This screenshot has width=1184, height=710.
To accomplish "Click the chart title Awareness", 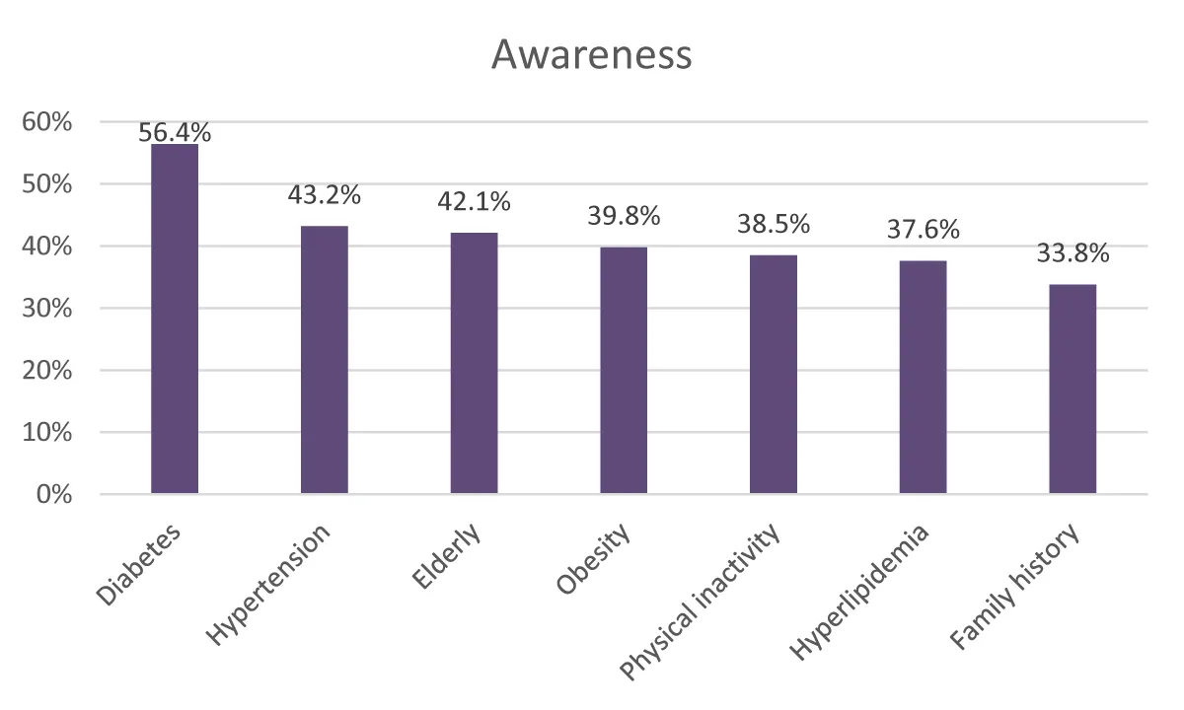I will pyautogui.click(x=591, y=54).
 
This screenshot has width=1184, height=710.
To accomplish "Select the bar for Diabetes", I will pyautogui.click(x=175, y=319).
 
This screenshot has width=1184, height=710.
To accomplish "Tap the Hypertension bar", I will pyautogui.click(x=325, y=360).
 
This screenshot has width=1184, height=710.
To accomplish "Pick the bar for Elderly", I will pyautogui.click(x=475, y=363).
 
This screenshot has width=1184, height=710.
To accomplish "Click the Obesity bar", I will pyautogui.click(x=624, y=370).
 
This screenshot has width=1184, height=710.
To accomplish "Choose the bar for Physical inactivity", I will pyautogui.click(x=774, y=374).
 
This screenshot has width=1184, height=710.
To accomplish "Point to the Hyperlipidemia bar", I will pyautogui.click(x=924, y=377).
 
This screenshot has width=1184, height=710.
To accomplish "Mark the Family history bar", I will pyautogui.click(x=1073, y=389).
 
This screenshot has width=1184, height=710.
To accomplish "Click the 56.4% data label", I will pyautogui.click(x=175, y=132).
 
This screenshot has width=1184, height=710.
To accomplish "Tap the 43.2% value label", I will pyautogui.click(x=325, y=194).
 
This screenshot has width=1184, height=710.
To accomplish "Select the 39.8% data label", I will pyautogui.click(x=624, y=215).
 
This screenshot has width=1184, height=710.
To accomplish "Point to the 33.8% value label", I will pyautogui.click(x=1073, y=253).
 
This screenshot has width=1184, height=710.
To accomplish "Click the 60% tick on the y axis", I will pyautogui.click(x=46, y=122).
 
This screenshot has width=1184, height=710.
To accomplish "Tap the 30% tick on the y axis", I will pyautogui.click(x=46, y=309).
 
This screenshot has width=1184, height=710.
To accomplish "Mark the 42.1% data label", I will pyautogui.click(x=475, y=202).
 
